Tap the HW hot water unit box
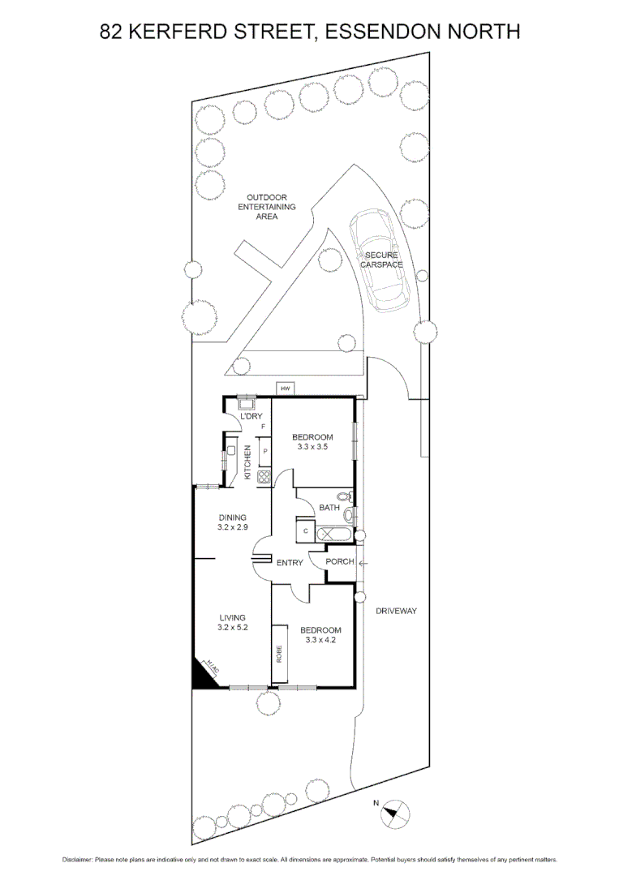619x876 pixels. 285,389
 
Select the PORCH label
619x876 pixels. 339,561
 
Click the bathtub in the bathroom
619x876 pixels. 333,535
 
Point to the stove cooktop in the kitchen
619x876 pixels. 264,477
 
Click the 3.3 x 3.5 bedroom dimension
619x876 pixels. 313,446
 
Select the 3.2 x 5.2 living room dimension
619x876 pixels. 231,627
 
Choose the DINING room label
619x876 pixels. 232,517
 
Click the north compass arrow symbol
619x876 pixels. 395,811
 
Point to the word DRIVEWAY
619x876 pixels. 396,611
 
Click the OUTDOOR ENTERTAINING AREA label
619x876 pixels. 267,207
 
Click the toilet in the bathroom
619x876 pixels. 344,496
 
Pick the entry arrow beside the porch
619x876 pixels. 362,562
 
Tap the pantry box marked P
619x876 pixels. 264,451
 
